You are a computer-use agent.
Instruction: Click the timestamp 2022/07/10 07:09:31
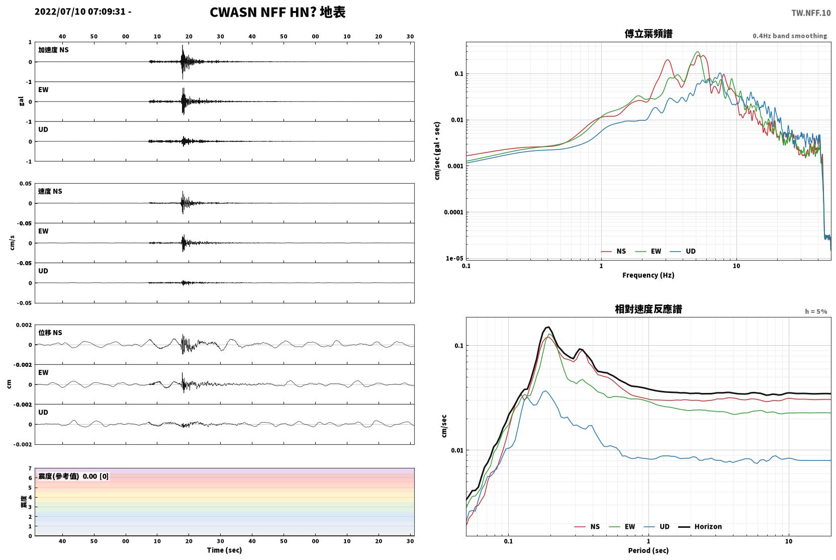(80, 12)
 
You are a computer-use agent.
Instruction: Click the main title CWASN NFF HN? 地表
(277, 13)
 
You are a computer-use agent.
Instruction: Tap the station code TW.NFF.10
(811, 13)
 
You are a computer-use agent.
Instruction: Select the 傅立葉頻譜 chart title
(648, 34)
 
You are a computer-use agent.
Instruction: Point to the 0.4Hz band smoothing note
(790, 36)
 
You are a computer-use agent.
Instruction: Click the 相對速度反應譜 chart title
(648, 309)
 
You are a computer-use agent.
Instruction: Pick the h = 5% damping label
(816, 311)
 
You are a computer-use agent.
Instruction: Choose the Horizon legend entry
(700, 527)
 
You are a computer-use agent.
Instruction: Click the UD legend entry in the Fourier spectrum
(683, 252)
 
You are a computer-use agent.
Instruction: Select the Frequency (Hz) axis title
(648, 275)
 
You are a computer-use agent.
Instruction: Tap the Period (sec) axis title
(648, 550)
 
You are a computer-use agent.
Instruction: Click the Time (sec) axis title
(224, 550)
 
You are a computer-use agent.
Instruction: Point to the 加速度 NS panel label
(53, 50)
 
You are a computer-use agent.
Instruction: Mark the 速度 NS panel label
(50, 191)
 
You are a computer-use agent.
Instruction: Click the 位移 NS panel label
(50, 333)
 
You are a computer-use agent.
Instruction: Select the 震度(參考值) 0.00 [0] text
(73, 476)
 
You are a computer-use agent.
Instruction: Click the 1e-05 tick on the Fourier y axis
(454, 258)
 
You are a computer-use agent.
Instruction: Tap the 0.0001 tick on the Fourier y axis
(453, 212)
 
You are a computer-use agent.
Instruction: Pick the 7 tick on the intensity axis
(30, 468)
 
